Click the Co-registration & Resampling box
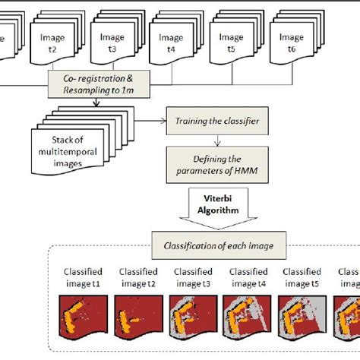tap(101, 81)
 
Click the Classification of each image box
tap(218, 245)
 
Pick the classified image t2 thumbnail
tap(137, 316)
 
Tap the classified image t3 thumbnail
tap(193, 316)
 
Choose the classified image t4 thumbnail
tap(248, 316)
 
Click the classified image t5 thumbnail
tap(303, 316)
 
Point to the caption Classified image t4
tap(248, 277)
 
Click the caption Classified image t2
tap(137, 277)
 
